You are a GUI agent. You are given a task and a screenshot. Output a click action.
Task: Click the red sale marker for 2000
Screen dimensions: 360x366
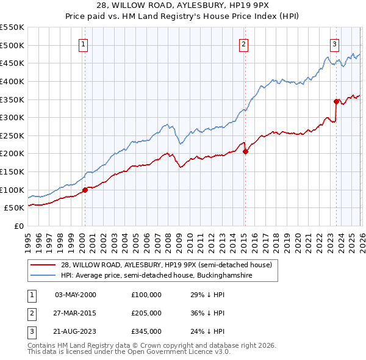[85, 189]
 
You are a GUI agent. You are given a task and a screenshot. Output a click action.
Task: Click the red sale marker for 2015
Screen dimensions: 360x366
[245, 152]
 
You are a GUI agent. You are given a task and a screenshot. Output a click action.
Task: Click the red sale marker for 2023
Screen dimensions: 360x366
[336, 101]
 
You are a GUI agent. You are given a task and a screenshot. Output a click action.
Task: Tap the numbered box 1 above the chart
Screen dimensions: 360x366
[83, 43]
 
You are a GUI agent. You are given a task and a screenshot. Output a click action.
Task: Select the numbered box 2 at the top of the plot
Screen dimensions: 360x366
[243, 43]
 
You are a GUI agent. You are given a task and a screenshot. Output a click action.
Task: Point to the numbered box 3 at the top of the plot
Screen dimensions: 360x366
[335, 43]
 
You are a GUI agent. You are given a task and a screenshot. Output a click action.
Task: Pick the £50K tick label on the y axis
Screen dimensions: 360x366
[15, 208]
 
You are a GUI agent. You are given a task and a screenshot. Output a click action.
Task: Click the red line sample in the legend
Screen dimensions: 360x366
[43, 265]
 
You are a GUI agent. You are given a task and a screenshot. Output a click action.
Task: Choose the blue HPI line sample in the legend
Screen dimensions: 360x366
[43, 276]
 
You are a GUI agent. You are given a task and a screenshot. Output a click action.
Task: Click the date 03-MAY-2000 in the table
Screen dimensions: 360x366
[75, 295]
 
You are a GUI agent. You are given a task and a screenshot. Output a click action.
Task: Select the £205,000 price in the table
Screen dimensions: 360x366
[146, 313]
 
